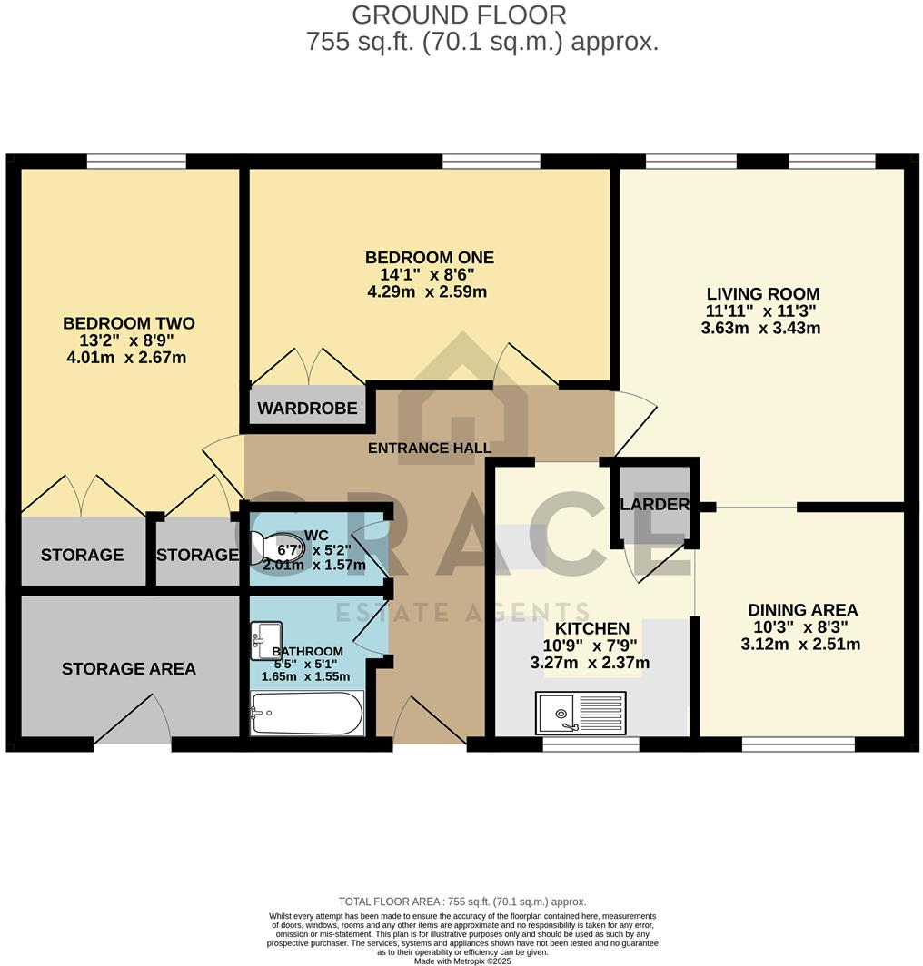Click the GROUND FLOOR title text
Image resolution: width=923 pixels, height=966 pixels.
coord(459,15)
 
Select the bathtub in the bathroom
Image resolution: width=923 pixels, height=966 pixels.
coord(307,713)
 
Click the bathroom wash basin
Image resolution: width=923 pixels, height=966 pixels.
coord(266,639)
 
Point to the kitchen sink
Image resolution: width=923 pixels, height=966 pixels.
coord(581,712)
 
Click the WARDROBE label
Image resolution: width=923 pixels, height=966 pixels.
coord(307,409)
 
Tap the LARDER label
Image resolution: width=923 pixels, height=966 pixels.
coord(655,505)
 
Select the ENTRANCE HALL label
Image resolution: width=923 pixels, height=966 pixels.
coord(430,448)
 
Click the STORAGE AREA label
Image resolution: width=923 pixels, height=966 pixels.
coord(129,669)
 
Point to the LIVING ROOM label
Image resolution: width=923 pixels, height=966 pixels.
coord(763,294)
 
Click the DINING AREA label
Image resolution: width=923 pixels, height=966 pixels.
coord(802,610)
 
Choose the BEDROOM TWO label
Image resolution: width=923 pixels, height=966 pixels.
coord(129,323)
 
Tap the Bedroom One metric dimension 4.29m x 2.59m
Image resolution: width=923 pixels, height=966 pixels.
coord(426,292)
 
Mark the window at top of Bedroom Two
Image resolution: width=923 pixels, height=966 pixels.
coord(136,162)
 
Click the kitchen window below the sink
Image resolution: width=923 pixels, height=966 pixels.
coord(591,744)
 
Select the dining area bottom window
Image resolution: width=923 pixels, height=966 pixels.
coord(799,744)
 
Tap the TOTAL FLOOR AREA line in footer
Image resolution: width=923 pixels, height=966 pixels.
coord(462,902)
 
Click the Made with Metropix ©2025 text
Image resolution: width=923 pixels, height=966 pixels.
coord(462,961)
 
